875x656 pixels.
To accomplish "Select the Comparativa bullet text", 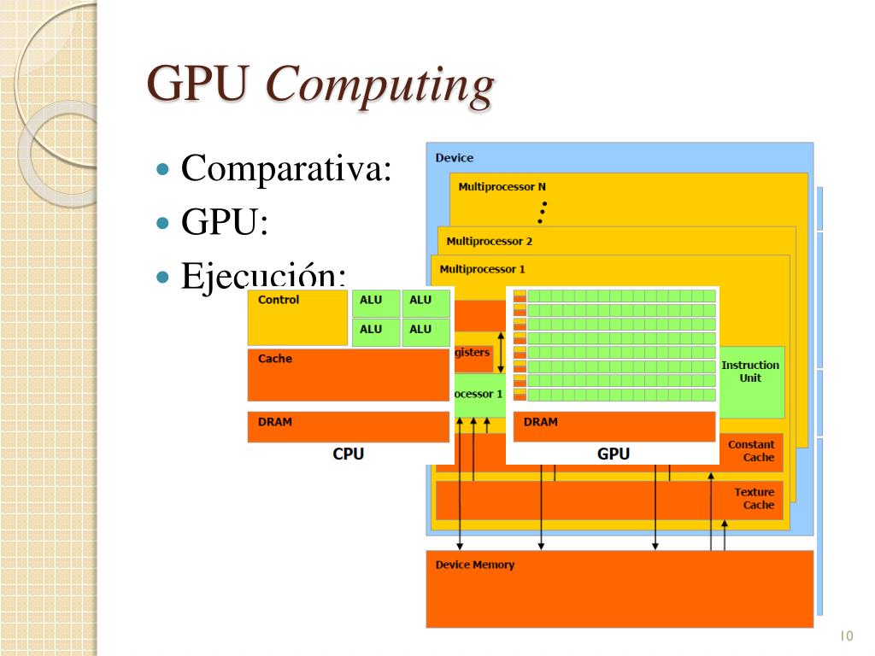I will point(286,167).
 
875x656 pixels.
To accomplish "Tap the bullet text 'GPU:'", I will point(225,224).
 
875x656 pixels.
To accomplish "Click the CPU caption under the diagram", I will point(348,454).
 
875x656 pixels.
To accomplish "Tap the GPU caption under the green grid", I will point(613,454).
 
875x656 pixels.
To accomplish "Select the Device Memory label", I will point(474,565).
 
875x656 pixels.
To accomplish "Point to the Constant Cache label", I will point(751,451).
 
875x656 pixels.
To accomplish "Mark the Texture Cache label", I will point(754,498).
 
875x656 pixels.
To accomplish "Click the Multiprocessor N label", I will point(502,186).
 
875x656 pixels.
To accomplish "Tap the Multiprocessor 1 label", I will point(482,269).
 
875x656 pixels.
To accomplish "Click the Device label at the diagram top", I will point(454,158).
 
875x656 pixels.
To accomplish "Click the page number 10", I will point(847,635).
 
